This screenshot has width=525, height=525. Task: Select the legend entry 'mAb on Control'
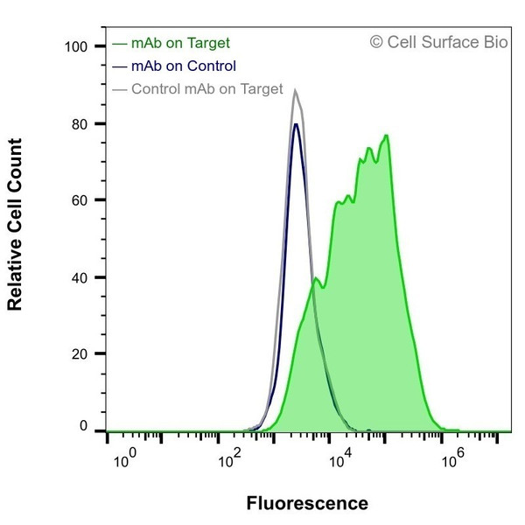183,66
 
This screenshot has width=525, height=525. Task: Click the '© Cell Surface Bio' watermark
437,41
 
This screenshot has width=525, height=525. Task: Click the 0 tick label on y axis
84,426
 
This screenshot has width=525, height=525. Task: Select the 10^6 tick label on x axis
451,456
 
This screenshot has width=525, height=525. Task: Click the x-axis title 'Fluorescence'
307,503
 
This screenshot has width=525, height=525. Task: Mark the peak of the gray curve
296,89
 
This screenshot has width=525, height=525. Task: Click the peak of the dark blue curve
296,123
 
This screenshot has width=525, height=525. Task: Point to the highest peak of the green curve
386,136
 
